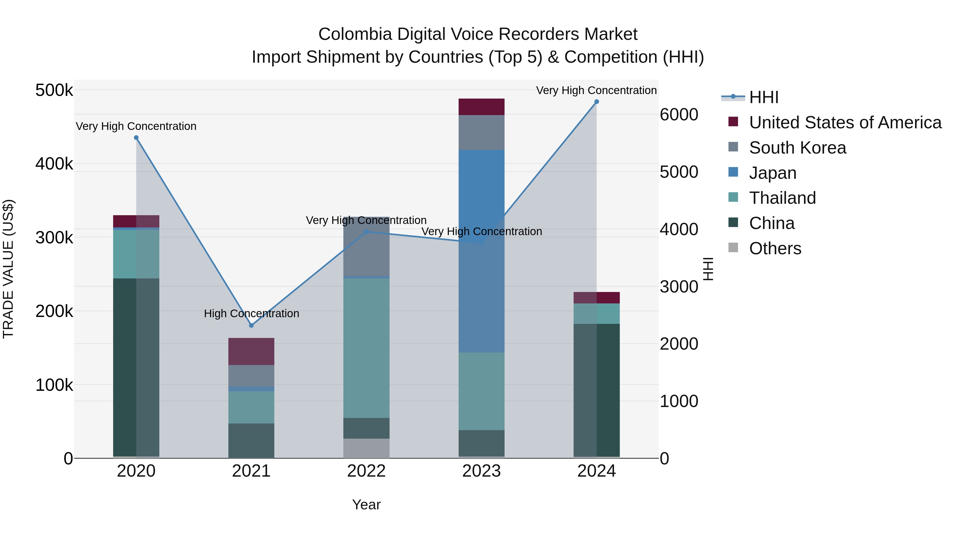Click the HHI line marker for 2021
pos(251,325)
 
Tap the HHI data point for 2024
pos(596,102)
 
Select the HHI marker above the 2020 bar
pos(136,138)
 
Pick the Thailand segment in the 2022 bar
pos(366,348)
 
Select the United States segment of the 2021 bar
pos(251,351)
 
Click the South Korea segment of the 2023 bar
pos(481,132)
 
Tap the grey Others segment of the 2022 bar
pos(366,448)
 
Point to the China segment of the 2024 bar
pos(596,390)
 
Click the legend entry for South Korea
pos(797,148)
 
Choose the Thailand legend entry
pos(782,198)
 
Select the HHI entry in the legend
pos(763,97)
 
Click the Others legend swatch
pos(733,247)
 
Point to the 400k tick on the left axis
pos(54,164)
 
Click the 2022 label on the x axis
pos(366,471)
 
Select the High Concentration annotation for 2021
pos(251,314)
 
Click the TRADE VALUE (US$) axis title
pos(8,269)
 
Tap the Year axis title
pos(366,505)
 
